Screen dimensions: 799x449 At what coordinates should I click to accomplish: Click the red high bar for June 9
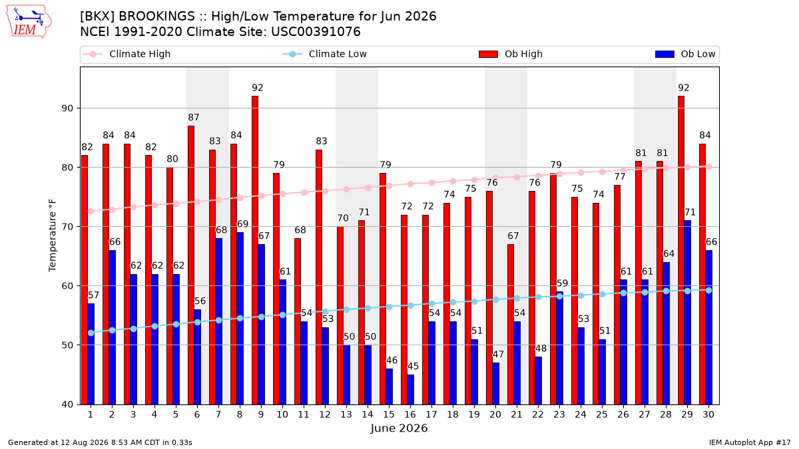coord(255,250)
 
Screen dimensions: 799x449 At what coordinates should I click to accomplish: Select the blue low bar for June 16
coord(411,390)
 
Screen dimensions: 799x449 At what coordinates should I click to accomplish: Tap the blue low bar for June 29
coord(687,313)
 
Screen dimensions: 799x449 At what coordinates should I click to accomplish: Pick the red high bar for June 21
coord(511,325)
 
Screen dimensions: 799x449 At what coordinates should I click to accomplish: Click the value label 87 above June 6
coord(194,117)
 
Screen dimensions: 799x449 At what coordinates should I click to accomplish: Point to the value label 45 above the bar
coord(413,366)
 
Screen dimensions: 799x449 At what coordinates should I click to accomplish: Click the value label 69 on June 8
coord(242,224)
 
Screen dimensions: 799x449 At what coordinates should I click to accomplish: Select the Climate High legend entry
coord(127,54)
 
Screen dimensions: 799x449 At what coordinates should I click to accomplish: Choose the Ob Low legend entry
coord(685,54)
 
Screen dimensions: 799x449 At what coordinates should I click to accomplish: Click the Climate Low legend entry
coord(325,54)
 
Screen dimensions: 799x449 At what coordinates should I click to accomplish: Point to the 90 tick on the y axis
coord(67,108)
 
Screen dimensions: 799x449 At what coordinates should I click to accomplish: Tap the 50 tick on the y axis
coord(67,345)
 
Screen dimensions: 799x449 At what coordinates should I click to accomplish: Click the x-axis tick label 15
coord(389,414)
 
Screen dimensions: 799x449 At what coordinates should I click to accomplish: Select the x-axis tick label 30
coord(708,414)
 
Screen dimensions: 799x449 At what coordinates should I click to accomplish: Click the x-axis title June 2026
coord(399,428)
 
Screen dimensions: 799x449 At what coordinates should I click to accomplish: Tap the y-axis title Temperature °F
coord(53,235)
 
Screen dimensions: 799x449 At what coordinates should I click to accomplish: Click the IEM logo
coord(29,22)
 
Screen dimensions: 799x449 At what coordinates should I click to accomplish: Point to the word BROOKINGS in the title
coord(156,17)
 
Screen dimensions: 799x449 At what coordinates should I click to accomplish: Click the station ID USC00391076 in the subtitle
coord(316,32)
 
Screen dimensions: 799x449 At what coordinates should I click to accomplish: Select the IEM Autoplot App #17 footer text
coord(750,442)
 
